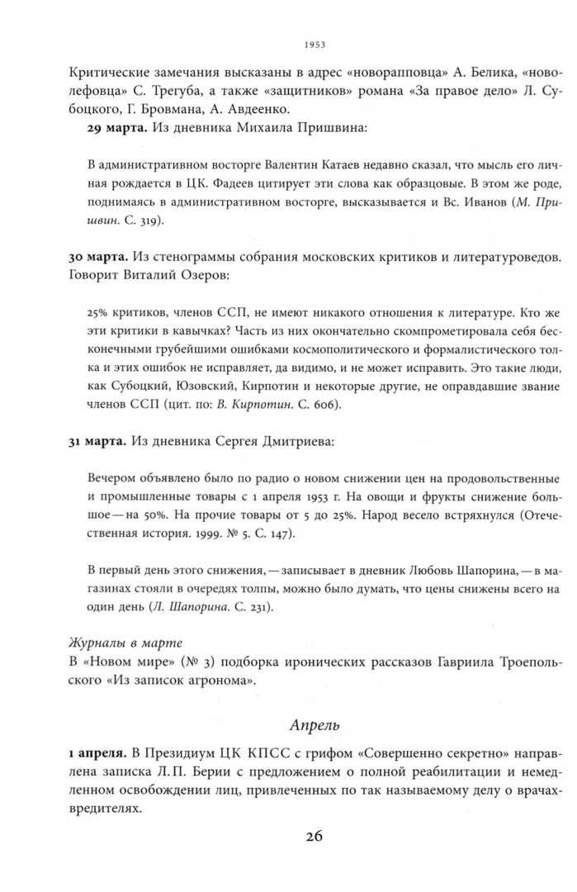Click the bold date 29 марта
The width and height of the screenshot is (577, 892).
pos(115,128)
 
